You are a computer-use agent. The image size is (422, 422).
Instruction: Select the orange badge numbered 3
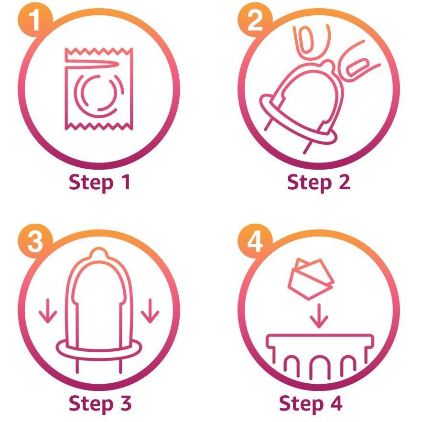(35, 241)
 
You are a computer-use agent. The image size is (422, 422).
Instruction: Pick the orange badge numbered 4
(255, 241)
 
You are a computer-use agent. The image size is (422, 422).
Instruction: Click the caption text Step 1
(99, 183)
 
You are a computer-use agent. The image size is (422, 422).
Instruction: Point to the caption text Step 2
(319, 183)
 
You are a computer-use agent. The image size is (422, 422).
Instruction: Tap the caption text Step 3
(100, 404)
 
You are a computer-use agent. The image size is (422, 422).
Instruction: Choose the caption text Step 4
(311, 404)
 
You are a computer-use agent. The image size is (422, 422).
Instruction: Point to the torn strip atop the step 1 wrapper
(98, 55)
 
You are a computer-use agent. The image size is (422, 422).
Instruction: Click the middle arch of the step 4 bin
(319, 357)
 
